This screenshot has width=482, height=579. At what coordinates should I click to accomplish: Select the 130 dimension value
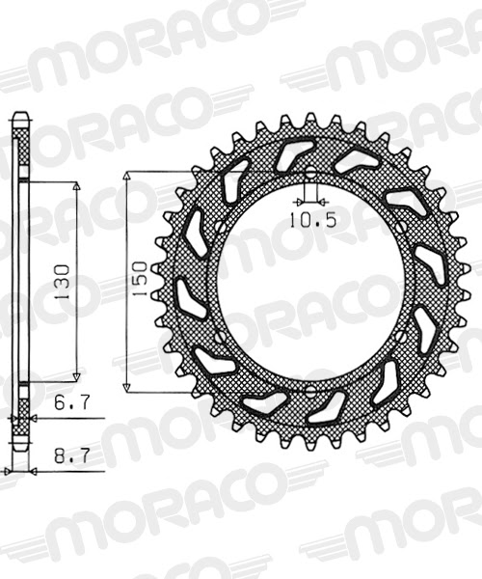point(61,279)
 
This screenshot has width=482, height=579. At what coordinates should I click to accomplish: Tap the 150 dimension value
point(140,279)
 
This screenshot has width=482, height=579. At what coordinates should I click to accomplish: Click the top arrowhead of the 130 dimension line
point(77,183)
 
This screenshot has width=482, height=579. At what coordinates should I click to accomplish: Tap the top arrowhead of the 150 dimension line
point(126,177)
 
